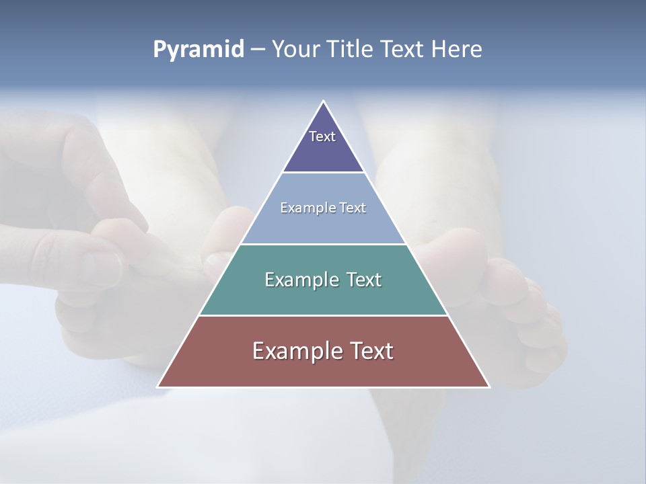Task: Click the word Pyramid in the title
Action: pos(199,50)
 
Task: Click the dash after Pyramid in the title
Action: pos(258,50)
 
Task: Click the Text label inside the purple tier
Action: pos(322,136)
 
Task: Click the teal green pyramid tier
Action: pos(323,296)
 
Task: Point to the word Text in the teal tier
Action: pos(363,280)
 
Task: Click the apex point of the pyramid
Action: pos(323,102)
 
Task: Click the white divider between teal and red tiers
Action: pos(323,315)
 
